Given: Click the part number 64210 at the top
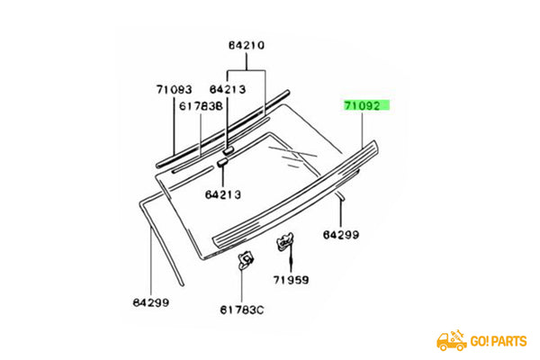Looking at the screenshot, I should pyautogui.click(x=246, y=44).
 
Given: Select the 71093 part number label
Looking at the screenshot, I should pyautogui.click(x=174, y=89).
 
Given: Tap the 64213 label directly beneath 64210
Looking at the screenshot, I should pyautogui.click(x=228, y=89).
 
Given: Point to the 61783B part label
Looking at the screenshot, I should pyautogui.click(x=201, y=106).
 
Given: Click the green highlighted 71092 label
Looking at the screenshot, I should pyautogui.click(x=365, y=105).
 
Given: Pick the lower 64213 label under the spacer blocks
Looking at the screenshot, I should pyautogui.click(x=222, y=193).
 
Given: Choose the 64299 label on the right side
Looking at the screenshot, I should pyautogui.click(x=341, y=235).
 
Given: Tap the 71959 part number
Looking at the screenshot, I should pyautogui.click(x=291, y=280).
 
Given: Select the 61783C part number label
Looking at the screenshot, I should pyautogui.click(x=244, y=310).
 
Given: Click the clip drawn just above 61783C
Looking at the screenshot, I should pyautogui.click(x=243, y=261).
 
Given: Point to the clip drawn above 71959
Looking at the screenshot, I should pyautogui.click(x=284, y=240).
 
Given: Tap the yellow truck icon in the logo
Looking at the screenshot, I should pyautogui.click(x=451, y=340).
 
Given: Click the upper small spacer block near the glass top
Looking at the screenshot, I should pyautogui.click(x=229, y=148).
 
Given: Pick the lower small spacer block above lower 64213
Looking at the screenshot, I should pyautogui.click(x=220, y=164).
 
